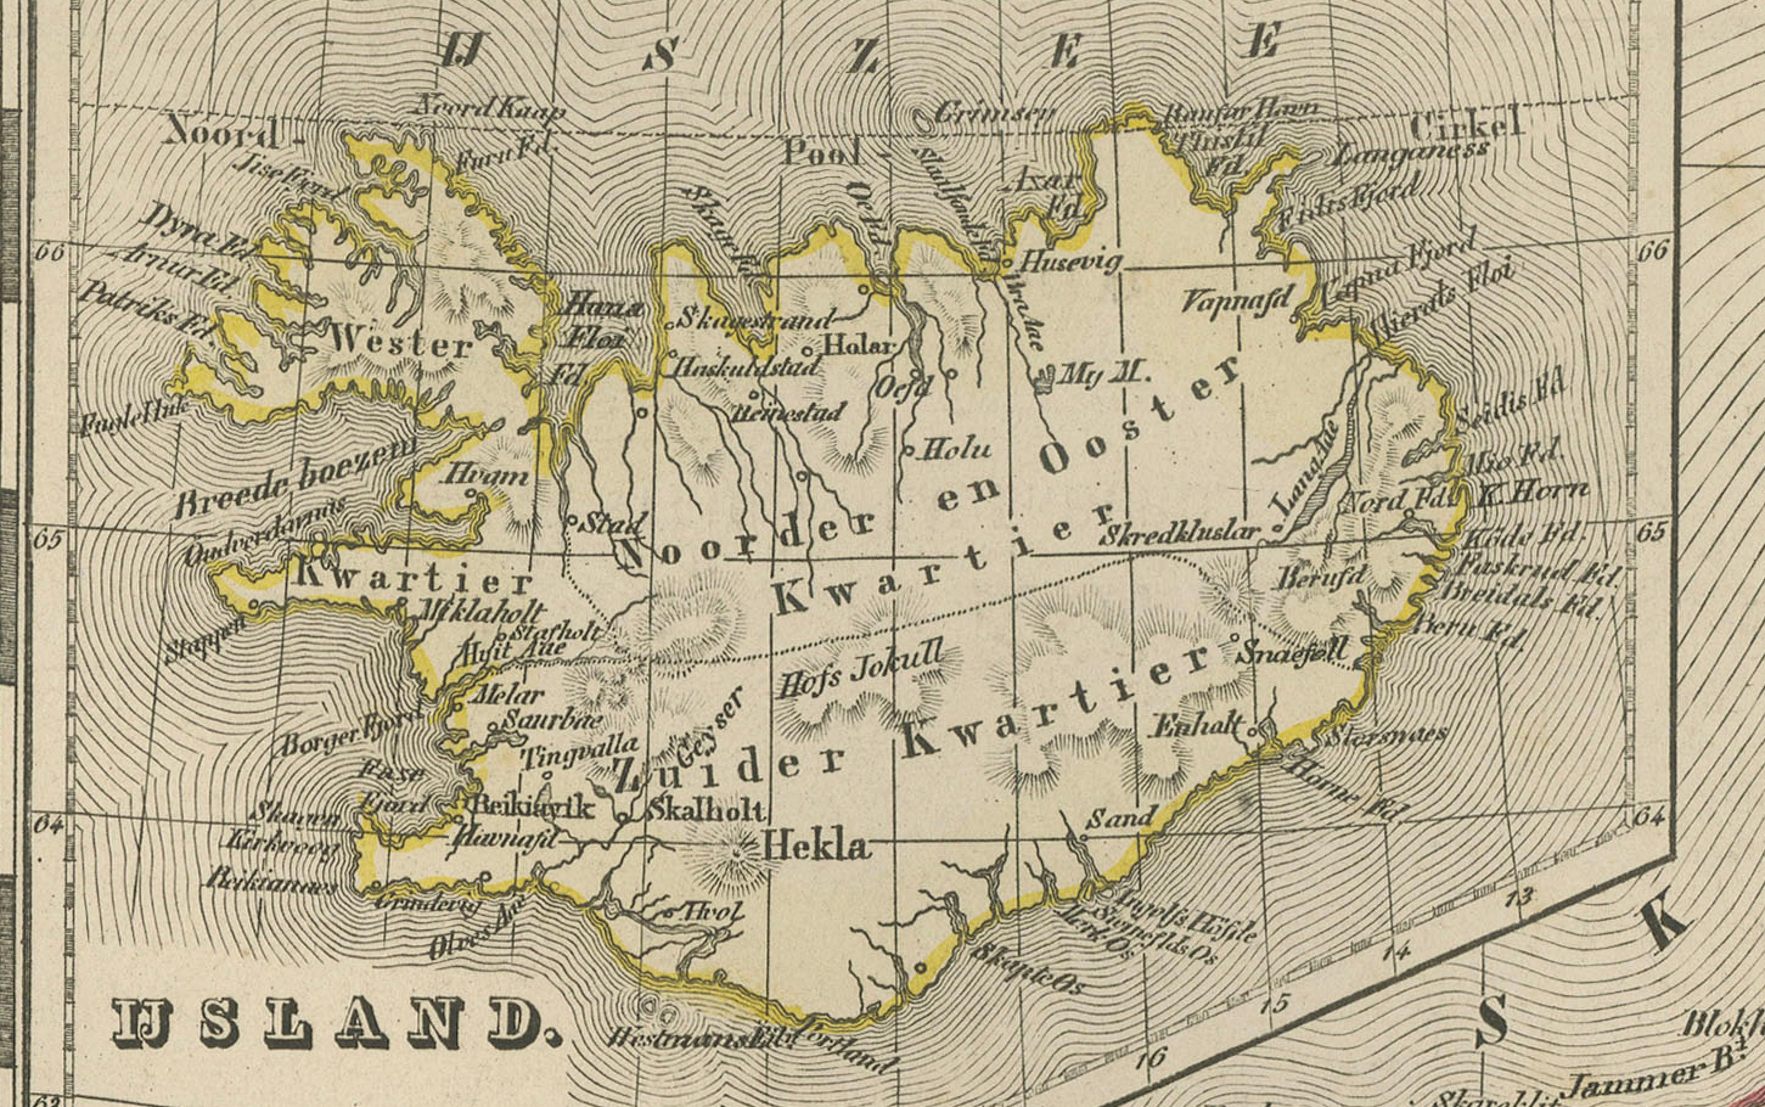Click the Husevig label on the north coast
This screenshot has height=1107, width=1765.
(x=1070, y=262)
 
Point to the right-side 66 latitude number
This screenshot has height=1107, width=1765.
(x=1651, y=251)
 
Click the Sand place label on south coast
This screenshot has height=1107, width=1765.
(x=1122, y=816)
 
